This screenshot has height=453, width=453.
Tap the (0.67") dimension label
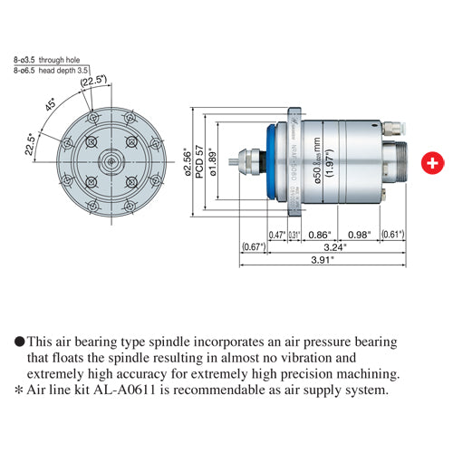[x=254, y=246]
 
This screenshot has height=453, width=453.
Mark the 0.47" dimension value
[x=278, y=234]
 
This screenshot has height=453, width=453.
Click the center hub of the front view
[x=110, y=162]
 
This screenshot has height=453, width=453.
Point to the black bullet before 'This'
[x=19, y=342]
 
